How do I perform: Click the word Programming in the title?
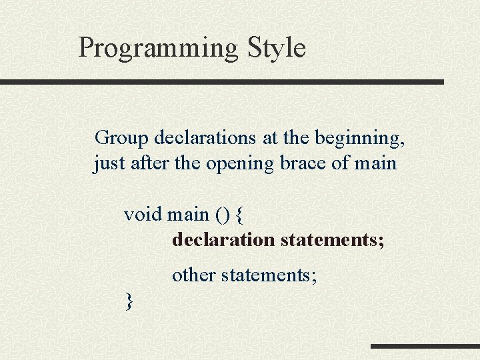[x=158, y=49]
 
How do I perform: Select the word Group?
[x=122, y=138]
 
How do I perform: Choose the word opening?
[x=239, y=164]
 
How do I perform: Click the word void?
[x=143, y=215]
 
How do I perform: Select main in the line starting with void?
[x=188, y=215]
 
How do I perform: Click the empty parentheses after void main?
[x=222, y=215]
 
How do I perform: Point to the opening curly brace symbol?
[x=240, y=215]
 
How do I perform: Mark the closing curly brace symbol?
[x=129, y=301]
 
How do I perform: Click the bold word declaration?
[x=223, y=239]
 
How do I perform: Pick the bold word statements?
[x=332, y=239]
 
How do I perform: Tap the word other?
[x=193, y=275]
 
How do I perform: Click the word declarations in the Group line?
[x=205, y=138]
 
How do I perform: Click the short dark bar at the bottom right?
[x=425, y=346]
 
